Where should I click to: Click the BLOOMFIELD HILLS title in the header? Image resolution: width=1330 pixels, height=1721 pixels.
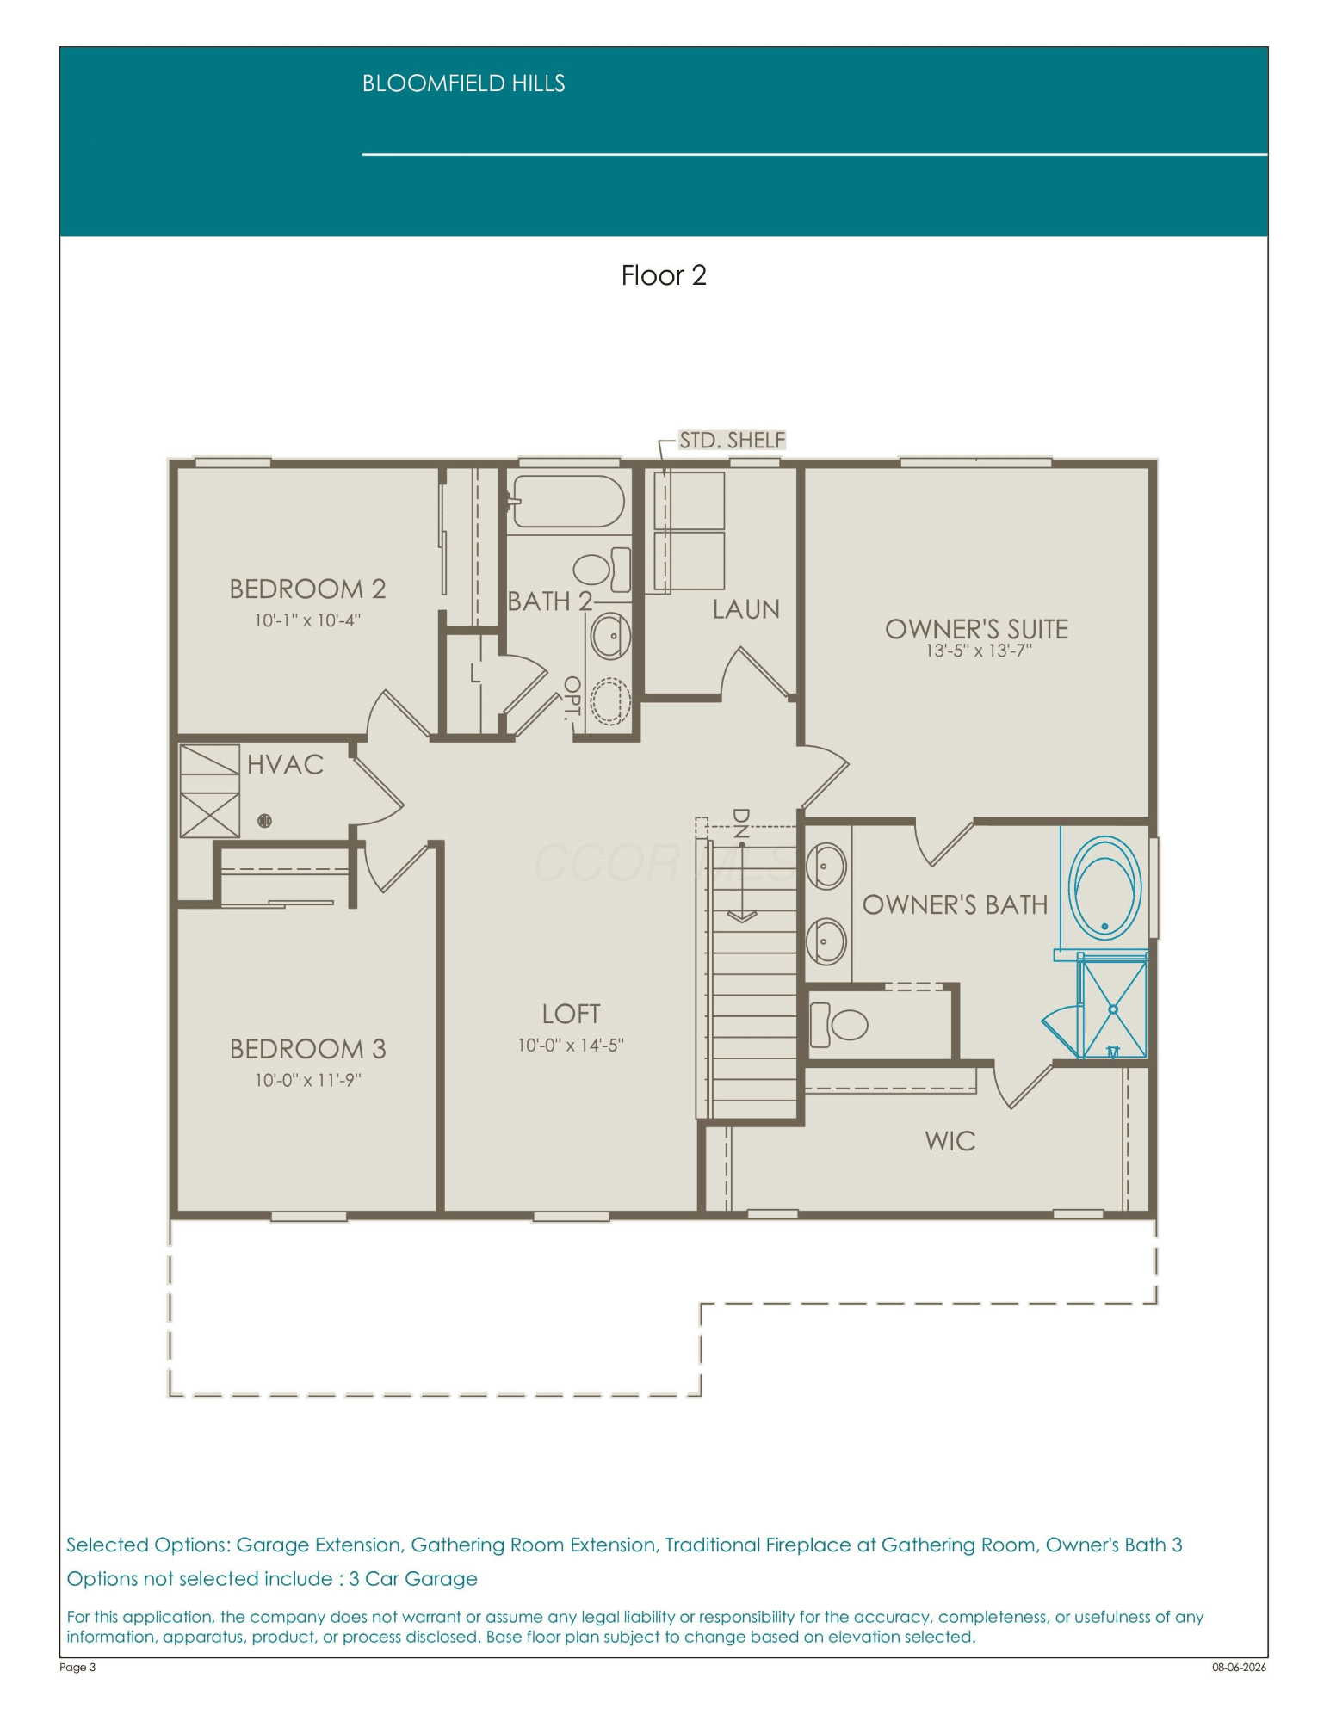pyautogui.click(x=463, y=83)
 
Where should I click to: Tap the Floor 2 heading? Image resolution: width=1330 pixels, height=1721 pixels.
pyautogui.click(x=664, y=275)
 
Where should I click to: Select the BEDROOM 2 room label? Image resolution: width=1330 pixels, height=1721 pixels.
pyautogui.click(x=307, y=589)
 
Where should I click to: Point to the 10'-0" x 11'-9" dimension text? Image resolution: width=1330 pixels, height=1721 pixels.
pyautogui.click(x=307, y=1080)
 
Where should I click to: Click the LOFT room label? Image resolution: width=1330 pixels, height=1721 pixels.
pyautogui.click(x=571, y=1014)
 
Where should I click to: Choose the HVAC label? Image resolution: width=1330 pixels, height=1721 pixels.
pyautogui.click(x=285, y=764)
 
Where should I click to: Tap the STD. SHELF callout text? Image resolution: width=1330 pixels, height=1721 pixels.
pyautogui.click(x=732, y=440)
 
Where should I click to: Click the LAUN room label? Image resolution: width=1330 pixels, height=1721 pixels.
pyautogui.click(x=745, y=609)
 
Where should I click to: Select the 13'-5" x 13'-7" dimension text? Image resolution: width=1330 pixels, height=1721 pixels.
pyautogui.click(x=978, y=651)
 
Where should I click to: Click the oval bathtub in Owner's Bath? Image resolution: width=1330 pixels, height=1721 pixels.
pyautogui.click(x=1104, y=887)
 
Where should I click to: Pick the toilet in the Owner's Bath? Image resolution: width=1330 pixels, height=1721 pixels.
pyautogui.click(x=839, y=1024)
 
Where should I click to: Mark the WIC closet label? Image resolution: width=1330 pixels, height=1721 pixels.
pyautogui.click(x=950, y=1141)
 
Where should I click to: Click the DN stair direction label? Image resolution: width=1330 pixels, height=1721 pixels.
pyautogui.click(x=740, y=823)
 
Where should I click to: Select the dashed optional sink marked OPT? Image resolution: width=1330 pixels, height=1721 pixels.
pyautogui.click(x=610, y=700)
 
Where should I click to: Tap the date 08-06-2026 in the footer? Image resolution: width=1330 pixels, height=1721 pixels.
pyautogui.click(x=1239, y=1667)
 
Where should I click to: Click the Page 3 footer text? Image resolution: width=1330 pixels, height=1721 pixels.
pyautogui.click(x=77, y=1667)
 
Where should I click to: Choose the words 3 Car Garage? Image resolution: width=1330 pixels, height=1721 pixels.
pyautogui.click(x=413, y=1579)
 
